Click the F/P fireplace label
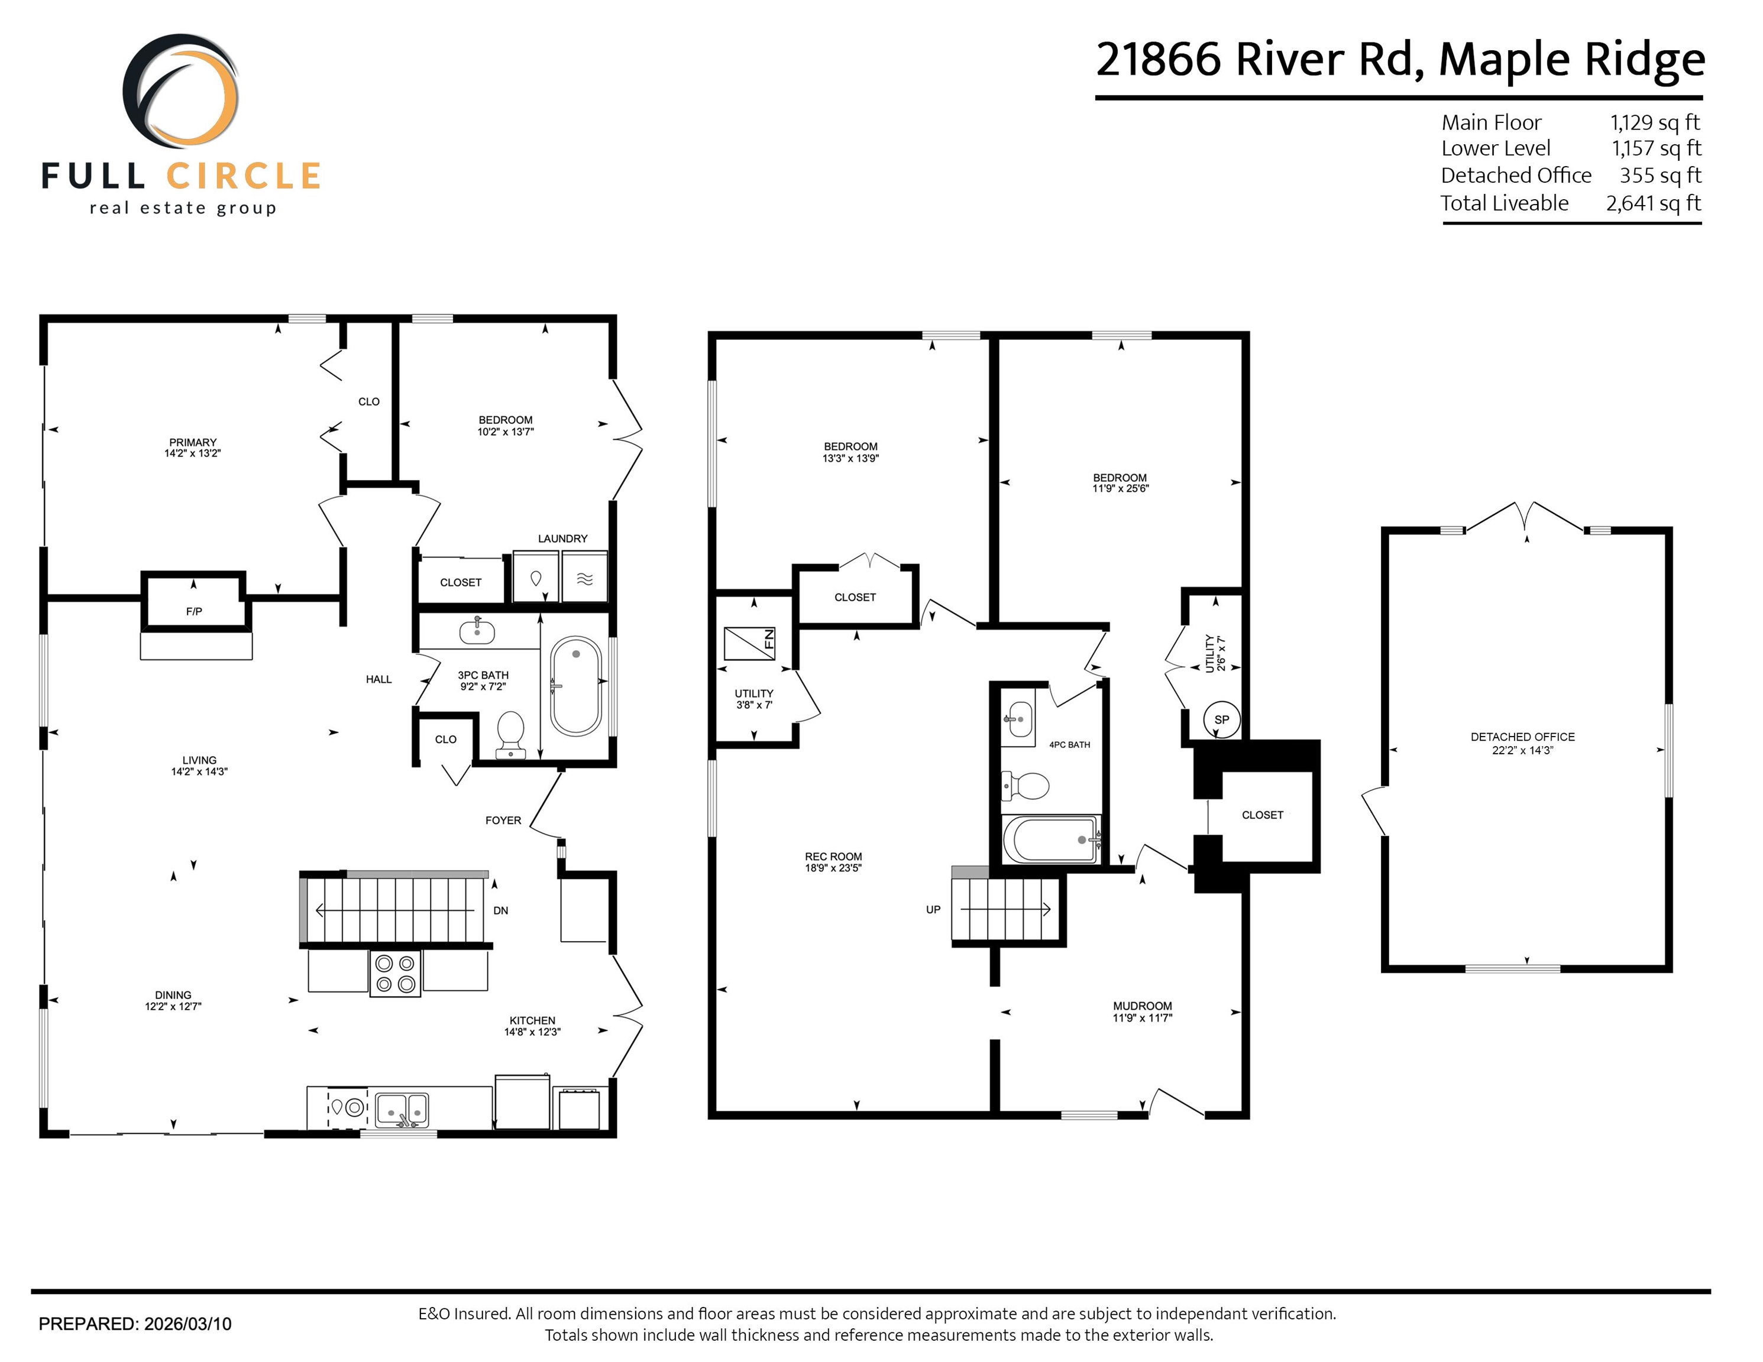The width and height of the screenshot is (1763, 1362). click(194, 612)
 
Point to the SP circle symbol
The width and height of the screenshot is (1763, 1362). click(1221, 720)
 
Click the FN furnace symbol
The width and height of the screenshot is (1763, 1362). click(750, 644)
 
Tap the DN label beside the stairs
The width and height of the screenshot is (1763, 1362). click(500, 910)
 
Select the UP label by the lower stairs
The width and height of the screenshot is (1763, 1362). click(933, 909)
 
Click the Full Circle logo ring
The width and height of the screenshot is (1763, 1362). click(181, 91)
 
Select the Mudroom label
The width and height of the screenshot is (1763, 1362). click(1142, 1006)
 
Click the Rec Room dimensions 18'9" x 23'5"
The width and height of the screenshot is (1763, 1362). click(833, 868)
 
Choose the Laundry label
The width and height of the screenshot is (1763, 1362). click(562, 538)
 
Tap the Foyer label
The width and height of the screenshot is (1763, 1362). click(503, 820)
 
